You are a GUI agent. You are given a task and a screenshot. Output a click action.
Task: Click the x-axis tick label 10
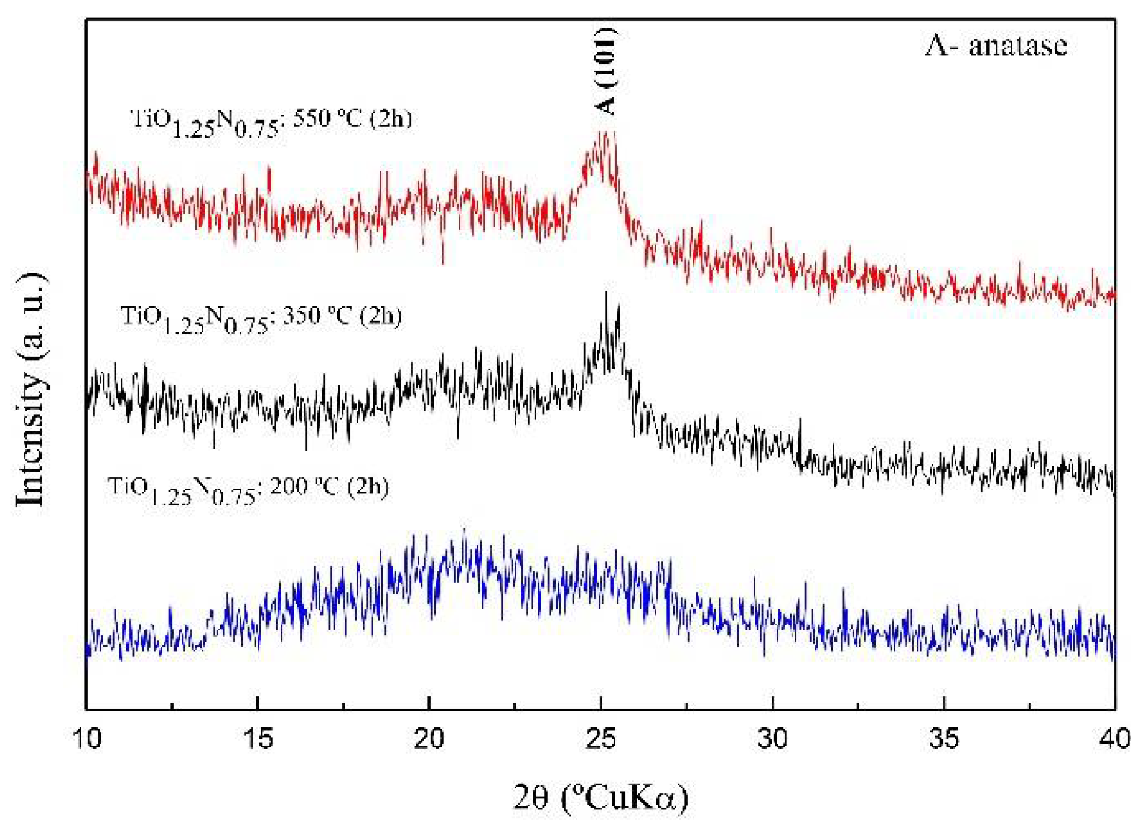[87, 739]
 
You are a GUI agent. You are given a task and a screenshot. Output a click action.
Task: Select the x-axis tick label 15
[258, 739]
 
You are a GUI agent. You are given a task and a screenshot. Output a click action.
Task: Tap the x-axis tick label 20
[429, 739]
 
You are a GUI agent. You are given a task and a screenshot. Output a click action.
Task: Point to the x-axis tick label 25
[601, 739]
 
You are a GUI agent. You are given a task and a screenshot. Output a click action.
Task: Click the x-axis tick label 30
[772, 739]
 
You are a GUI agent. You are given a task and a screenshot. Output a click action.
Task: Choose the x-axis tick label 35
[944, 739]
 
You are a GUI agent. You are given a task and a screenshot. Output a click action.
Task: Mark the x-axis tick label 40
[1114, 739]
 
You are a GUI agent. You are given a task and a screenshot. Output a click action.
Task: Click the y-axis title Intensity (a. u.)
[30, 389]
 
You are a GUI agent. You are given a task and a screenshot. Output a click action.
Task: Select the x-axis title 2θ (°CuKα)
[601, 797]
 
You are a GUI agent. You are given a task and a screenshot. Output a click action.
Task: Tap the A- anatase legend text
[996, 46]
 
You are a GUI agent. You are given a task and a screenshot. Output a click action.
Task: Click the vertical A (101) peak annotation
[605, 71]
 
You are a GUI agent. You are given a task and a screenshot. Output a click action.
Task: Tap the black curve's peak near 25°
[606, 294]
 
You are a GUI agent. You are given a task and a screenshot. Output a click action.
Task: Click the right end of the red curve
[1114, 295]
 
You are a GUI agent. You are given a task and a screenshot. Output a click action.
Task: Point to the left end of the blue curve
[88, 648]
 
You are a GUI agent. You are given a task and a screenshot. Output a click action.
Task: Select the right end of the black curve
[1114, 489]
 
